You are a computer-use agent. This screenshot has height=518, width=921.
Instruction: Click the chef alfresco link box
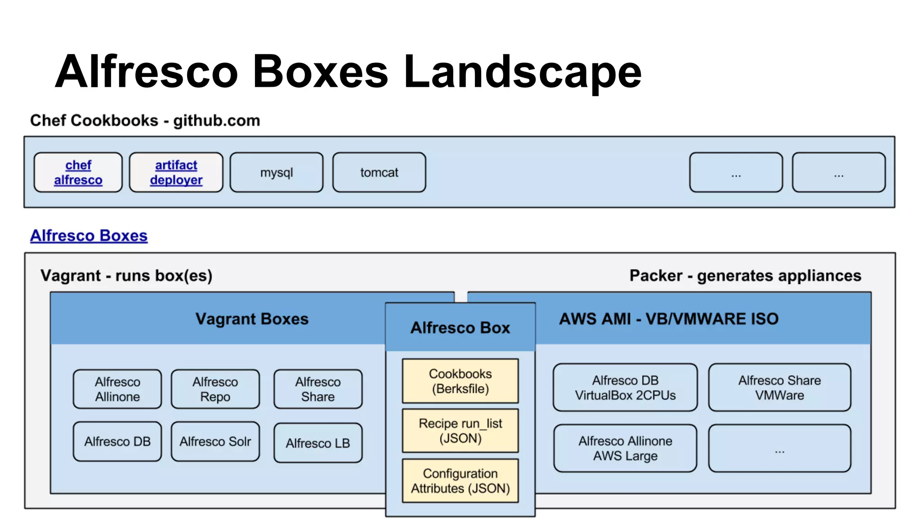78,172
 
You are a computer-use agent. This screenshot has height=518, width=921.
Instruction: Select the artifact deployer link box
176,172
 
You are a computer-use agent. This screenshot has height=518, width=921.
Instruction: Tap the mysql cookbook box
276,172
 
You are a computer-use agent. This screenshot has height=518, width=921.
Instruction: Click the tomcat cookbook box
379,172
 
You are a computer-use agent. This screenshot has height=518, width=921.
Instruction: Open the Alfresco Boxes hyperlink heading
89,236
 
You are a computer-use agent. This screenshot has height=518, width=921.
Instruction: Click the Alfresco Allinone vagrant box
117,389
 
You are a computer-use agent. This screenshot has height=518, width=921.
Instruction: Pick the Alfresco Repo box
215,389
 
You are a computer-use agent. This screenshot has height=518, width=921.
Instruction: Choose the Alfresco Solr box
215,442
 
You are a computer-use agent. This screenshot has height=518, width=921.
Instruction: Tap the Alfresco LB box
317,443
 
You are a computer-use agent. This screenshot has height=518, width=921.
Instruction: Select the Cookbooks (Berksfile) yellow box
460,381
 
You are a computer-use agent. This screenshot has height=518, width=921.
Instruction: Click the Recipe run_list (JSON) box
460,430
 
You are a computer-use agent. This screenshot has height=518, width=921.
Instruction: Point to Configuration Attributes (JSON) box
460,481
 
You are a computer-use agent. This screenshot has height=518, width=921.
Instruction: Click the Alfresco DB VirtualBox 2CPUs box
625,388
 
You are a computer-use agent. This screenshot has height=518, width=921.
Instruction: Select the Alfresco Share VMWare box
779,388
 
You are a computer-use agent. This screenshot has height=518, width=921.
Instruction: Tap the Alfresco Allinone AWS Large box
625,448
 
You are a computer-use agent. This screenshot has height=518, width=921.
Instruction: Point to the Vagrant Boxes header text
252,319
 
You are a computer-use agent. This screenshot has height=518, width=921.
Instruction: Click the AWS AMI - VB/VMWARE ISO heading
669,319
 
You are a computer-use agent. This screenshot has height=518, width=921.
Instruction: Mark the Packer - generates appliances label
745,275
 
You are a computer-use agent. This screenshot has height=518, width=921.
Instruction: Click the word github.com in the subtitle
216,121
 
